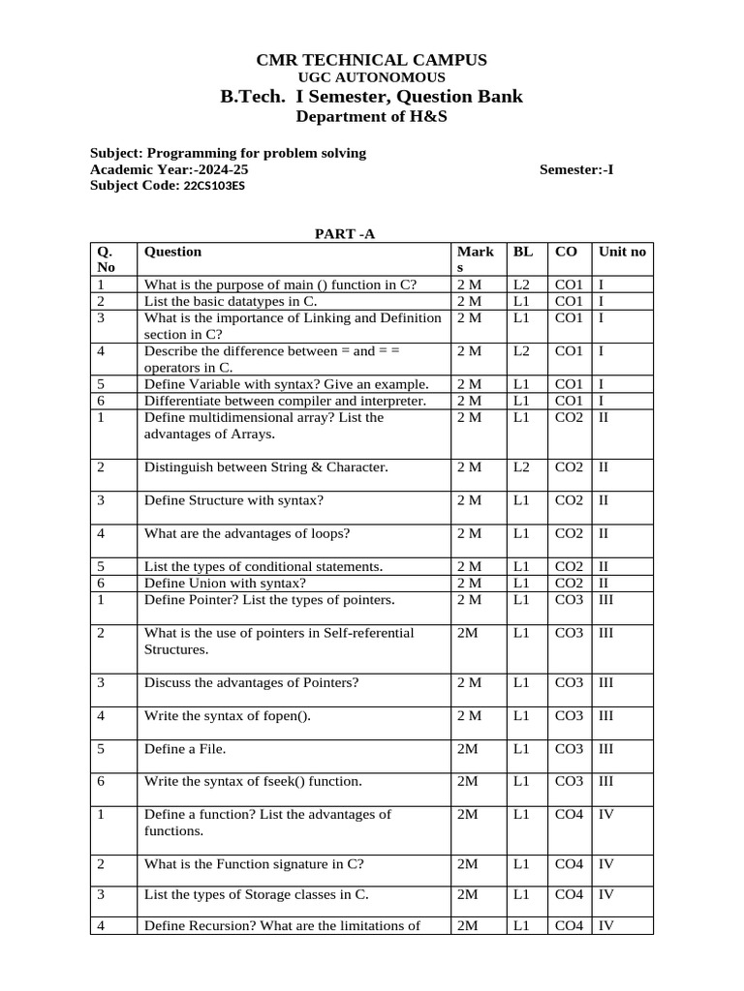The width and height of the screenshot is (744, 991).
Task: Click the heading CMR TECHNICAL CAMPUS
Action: click(x=371, y=60)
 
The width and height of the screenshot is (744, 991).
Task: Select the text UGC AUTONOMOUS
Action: click(x=371, y=77)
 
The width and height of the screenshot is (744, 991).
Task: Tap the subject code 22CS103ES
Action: click(x=214, y=186)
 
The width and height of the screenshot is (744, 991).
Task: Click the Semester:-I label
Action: click(x=576, y=169)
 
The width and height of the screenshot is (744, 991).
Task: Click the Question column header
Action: click(x=173, y=252)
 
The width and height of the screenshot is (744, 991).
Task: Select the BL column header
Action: click(x=523, y=252)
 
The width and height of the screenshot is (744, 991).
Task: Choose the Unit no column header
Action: click(x=622, y=252)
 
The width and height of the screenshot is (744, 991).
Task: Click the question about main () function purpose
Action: click(x=280, y=285)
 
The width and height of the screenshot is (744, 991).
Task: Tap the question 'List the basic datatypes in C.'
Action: click(x=231, y=301)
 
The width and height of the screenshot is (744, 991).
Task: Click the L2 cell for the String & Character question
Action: click(x=522, y=467)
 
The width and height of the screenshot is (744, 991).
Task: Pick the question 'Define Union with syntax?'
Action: click(x=225, y=583)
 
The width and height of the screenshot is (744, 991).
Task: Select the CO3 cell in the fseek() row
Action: click(x=569, y=781)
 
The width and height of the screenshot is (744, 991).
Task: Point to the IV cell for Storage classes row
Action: click(x=606, y=894)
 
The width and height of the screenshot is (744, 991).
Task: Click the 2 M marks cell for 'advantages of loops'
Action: click(x=469, y=533)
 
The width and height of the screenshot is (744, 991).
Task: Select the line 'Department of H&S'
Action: click(x=371, y=117)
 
